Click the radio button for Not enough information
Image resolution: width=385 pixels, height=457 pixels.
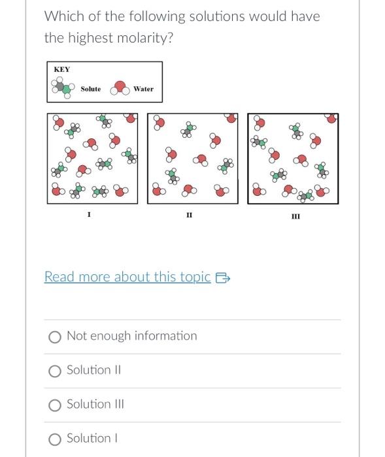click(56, 337)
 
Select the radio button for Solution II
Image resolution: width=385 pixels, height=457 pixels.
click(56, 371)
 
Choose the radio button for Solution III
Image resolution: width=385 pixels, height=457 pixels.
click(56, 405)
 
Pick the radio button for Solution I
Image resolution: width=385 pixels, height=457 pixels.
click(56, 439)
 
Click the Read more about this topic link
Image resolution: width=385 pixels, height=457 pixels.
click(127, 277)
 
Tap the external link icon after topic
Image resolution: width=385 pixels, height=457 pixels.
click(223, 277)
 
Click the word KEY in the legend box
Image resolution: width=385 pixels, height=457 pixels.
click(62, 69)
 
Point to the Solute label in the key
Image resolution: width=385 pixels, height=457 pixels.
click(91, 89)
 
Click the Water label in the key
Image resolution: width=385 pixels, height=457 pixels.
click(143, 89)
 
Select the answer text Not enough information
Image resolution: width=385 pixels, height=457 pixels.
click(131, 336)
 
